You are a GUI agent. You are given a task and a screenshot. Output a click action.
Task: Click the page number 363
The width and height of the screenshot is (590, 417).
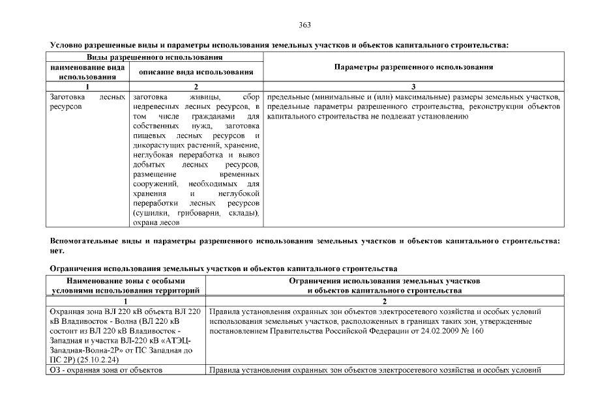pyautogui.click(x=304, y=25)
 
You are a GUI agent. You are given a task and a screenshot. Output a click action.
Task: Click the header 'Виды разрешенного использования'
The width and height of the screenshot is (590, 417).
pyautogui.click(x=156, y=59)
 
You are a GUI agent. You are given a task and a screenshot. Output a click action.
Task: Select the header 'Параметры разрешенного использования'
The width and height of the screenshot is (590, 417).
pyautogui.click(x=413, y=67)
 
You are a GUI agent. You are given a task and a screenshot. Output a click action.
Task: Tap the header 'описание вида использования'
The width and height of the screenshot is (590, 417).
pyautogui.click(x=196, y=72)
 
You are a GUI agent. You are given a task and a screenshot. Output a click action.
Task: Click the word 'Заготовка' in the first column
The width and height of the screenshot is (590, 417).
pyautogui.click(x=66, y=96)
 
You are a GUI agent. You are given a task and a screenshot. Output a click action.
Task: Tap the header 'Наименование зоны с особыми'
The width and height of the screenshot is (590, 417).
pyautogui.click(x=127, y=280)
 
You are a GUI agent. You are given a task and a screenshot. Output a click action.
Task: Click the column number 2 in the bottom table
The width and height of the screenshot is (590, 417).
pyautogui.click(x=385, y=302)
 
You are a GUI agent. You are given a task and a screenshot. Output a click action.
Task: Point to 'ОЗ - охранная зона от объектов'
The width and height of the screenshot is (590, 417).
pyautogui.click(x=106, y=371)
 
